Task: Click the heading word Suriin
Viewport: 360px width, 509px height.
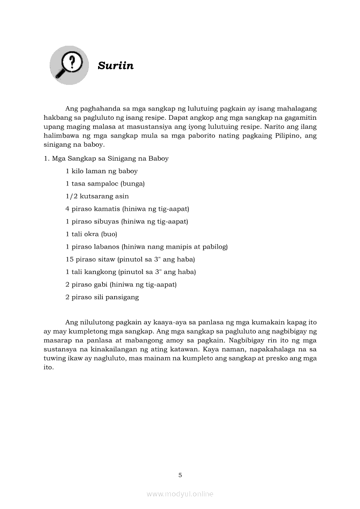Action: pos(115,66)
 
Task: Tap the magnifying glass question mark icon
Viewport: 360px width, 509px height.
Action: pos(69,65)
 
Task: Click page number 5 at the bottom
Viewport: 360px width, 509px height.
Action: pos(180,475)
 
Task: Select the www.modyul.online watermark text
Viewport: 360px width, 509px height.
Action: pos(180,494)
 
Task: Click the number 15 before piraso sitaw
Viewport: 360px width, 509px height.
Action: pos(70,260)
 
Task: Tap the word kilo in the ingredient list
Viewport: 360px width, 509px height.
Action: pos(78,171)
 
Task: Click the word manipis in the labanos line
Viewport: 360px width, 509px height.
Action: pos(173,247)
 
